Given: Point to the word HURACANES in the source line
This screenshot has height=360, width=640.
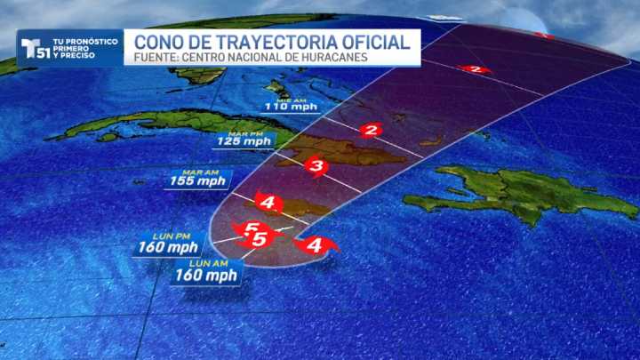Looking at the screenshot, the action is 336,59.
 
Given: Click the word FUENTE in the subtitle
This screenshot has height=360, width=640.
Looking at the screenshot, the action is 156,59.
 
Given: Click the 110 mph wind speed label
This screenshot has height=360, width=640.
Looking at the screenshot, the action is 292,107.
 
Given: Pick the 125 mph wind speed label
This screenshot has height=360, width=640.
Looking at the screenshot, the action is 244,141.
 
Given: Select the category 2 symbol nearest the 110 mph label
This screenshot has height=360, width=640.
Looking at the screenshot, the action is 371,131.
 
